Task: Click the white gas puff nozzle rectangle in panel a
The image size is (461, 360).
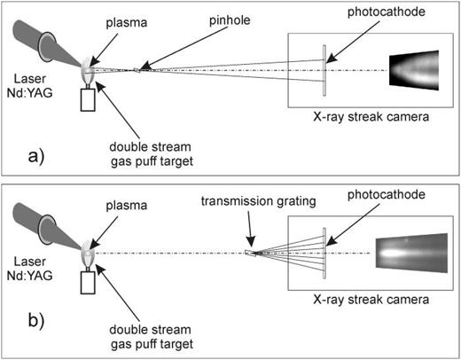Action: pyautogui.click(x=87, y=100)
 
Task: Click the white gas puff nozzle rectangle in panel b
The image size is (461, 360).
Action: pyautogui.click(x=87, y=284)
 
